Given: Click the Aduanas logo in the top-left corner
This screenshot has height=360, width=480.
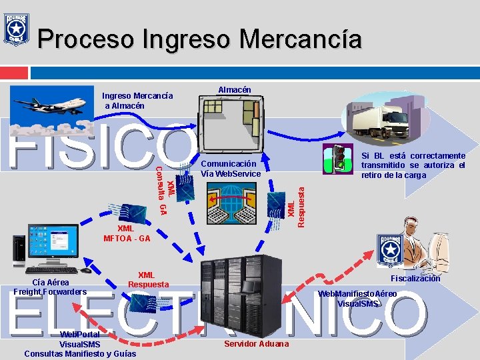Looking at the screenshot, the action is (x=16, y=28).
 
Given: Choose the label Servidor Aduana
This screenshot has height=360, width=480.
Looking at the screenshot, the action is (x=256, y=343).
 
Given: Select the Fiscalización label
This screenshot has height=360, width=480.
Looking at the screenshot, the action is (x=415, y=279).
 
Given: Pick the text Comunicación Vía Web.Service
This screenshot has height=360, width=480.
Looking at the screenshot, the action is (x=230, y=169).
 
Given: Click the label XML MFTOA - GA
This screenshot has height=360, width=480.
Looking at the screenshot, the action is (x=127, y=233).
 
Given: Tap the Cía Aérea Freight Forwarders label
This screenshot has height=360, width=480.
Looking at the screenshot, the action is (x=50, y=287).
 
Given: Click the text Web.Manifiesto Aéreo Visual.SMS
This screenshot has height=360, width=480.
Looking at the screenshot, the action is (x=357, y=299).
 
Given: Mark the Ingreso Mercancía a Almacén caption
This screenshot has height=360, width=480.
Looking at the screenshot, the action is (x=137, y=101).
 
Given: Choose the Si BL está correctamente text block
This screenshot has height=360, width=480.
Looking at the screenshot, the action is (x=413, y=165).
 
